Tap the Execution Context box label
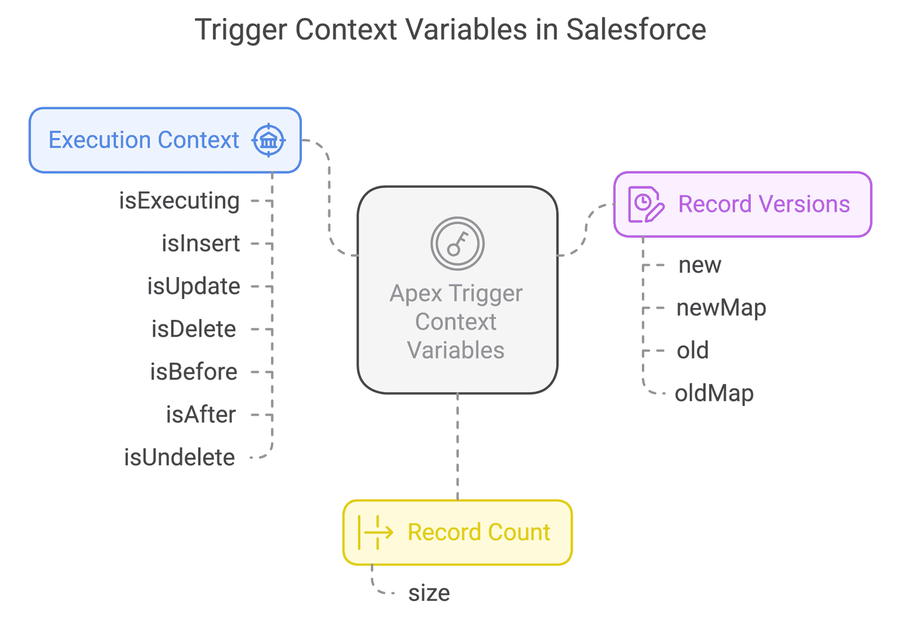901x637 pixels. click(x=144, y=140)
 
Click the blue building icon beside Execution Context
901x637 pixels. click(x=269, y=140)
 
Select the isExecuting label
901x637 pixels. click(x=179, y=201)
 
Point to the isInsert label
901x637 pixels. click(x=200, y=243)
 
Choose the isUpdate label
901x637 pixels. click(x=194, y=287)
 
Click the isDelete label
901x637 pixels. click(x=194, y=329)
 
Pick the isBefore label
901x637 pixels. click(x=194, y=372)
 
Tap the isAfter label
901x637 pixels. click(x=200, y=415)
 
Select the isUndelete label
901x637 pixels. click(x=180, y=457)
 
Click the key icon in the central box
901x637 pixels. click(x=457, y=243)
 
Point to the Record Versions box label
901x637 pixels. click(x=764, y=204)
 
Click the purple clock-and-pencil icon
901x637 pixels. click(x=646, y=204)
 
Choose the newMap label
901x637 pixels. click(x=721, y=308)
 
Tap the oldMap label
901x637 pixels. click(x=714, y=394)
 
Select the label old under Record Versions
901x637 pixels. click(x=692, y=350)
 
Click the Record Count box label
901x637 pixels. click(x=479, y=532)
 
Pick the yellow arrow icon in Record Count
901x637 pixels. click(x=376, y=532)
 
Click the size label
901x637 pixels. click(x=429, y=594)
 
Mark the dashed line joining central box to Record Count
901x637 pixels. click(x=458, y=447)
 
